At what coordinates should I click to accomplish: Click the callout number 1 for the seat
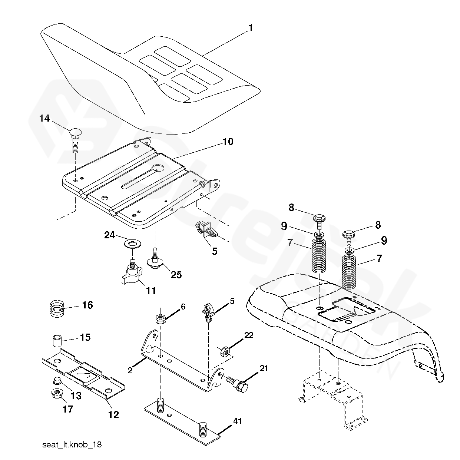coord(251,28)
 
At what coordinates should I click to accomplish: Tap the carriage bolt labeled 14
coord(75,139)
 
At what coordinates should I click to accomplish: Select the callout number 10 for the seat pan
coord(228,142)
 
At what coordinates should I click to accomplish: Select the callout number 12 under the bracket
coord(113,414)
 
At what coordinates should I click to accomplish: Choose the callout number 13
coord(76,396)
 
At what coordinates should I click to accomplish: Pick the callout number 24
coord(109,235)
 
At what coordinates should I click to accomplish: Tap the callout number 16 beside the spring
coord(87,305)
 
